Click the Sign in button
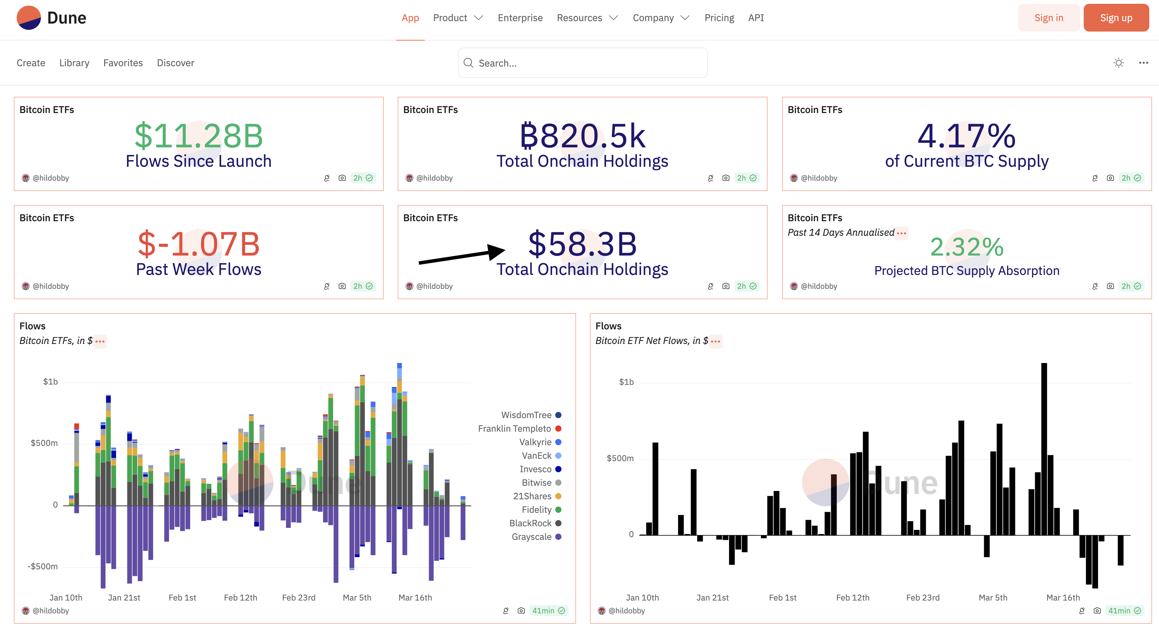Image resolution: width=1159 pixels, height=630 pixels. [1048, 18]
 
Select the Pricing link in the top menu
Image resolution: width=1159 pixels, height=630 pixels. [719, 18]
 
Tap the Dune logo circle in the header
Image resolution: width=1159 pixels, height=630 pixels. [29, 18]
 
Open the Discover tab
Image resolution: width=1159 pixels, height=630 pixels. [176, 63]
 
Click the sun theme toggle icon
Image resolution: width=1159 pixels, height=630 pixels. [1118, 63]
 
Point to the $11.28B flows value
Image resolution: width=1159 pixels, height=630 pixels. [198, 136]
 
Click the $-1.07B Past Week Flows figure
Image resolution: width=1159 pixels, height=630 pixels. [198, 244]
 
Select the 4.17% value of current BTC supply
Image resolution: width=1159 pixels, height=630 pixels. [966, 136]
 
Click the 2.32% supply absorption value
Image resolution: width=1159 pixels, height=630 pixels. [966, 247]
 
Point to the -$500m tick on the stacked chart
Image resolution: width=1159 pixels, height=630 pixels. [43, 567]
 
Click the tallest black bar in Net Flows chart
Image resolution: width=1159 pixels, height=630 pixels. [1044, 450]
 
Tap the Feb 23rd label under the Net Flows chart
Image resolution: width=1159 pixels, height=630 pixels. [922, 598]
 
